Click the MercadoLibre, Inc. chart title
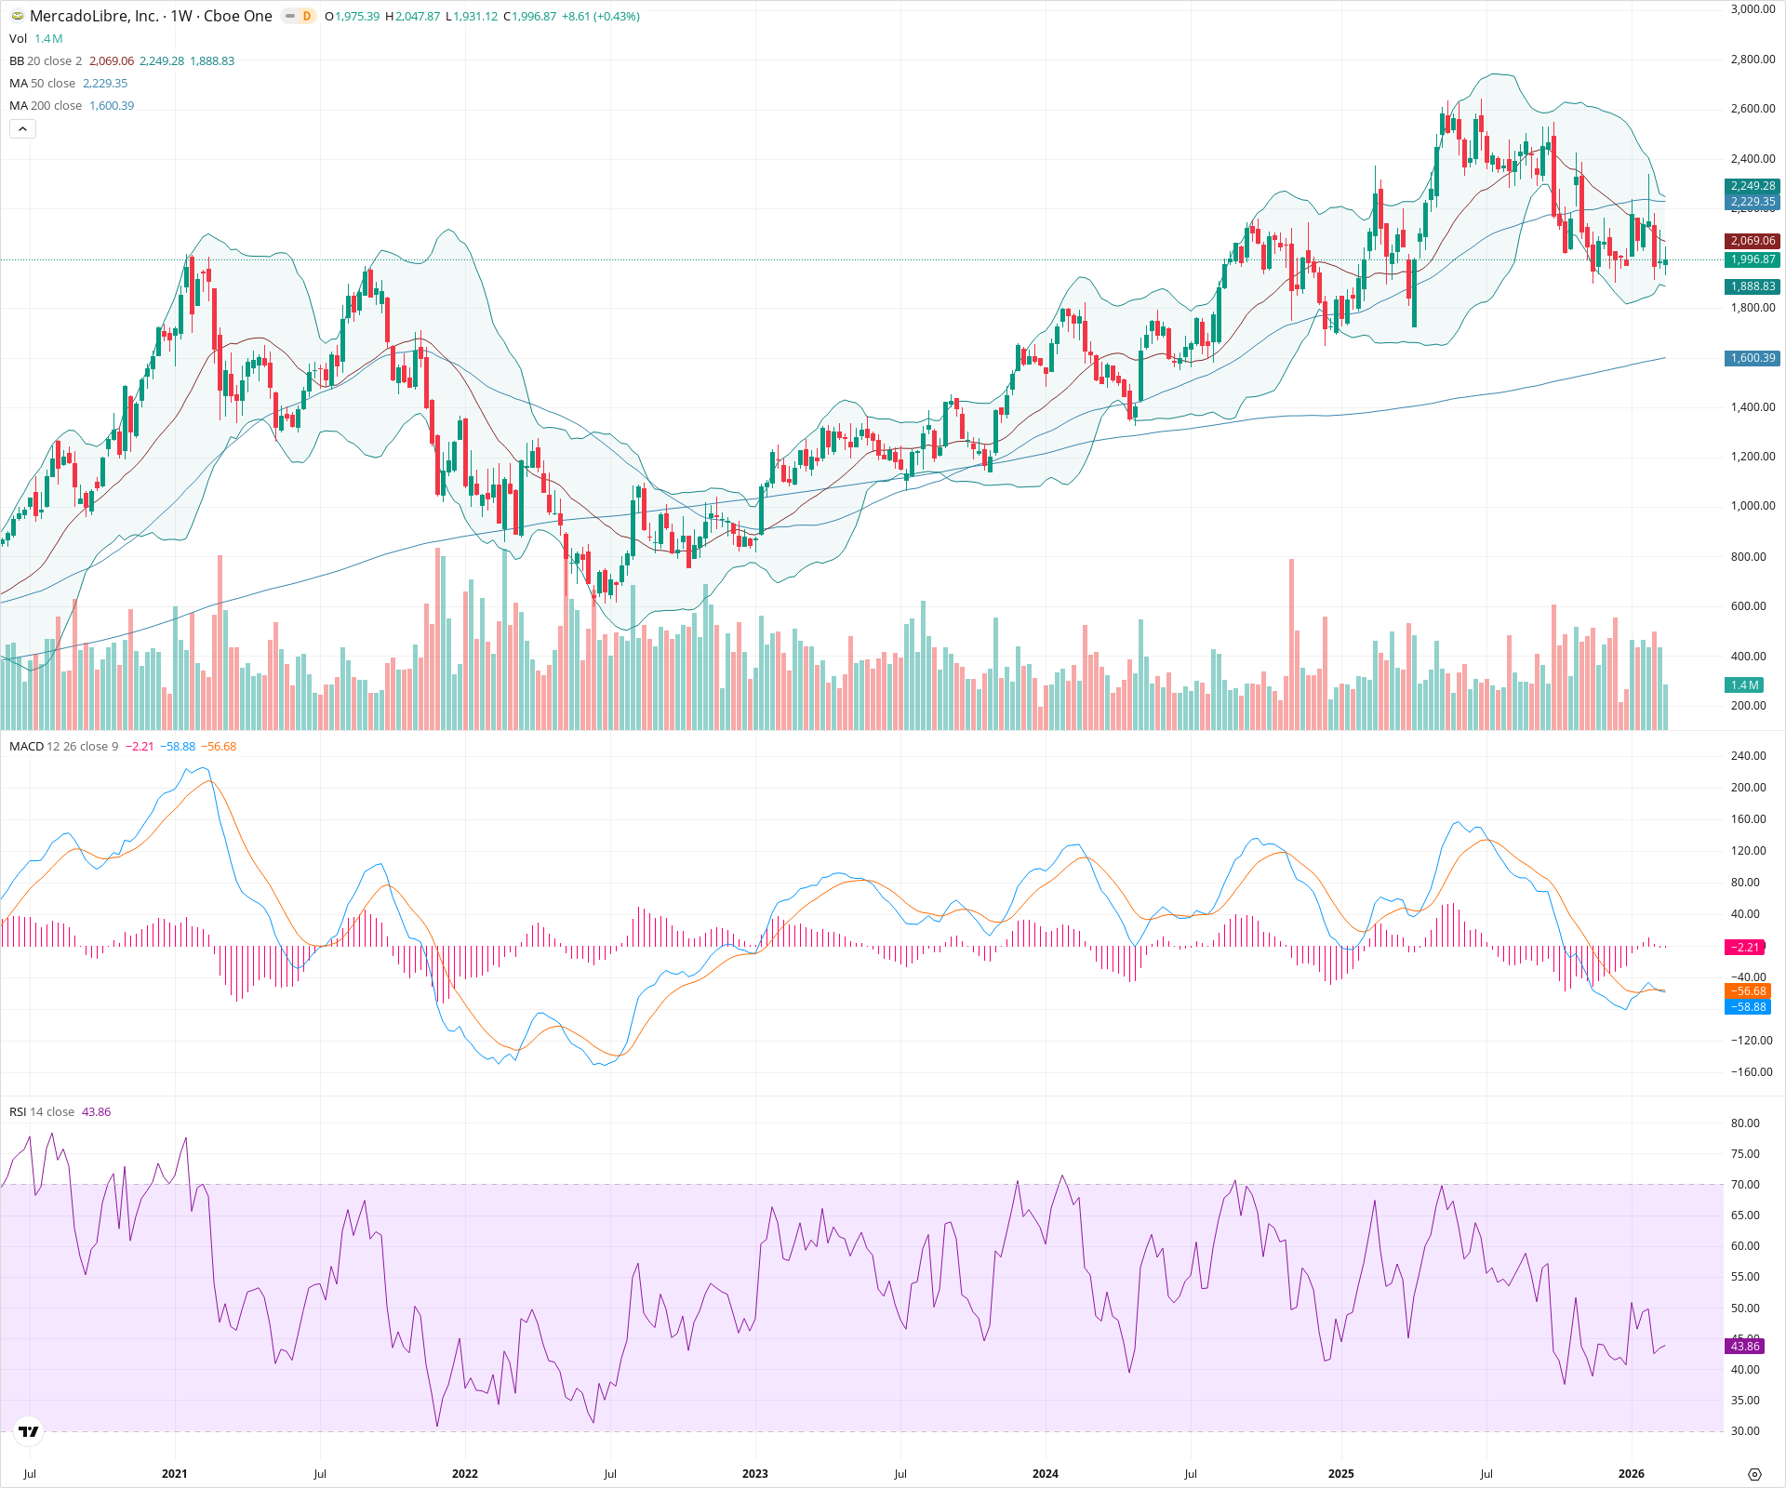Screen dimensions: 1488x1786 coord(93,16)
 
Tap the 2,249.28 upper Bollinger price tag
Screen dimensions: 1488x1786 coord(1753,186)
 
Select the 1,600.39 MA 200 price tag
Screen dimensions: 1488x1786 coord(1753,358)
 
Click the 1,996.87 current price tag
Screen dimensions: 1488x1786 coord(1753,259)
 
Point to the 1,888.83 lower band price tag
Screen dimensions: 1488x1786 coord(1753,286)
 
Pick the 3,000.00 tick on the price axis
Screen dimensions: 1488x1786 coord(1753,9)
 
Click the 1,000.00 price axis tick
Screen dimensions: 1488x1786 coord(1753,506)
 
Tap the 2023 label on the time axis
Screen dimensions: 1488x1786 coord(754,1473)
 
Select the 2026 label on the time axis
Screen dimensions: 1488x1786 coord(1631,1473)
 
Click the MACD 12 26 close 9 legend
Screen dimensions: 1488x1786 coord(64,746)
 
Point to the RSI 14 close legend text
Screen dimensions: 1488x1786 coord(42,1111)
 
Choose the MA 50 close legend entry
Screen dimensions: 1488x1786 coord(43,83)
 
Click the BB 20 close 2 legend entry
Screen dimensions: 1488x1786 coord(46,60)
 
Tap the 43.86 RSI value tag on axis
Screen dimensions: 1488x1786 coord(1745,1346)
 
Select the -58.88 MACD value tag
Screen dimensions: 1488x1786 coord(1747,1006)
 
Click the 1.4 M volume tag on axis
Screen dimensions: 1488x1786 coord(1744,684)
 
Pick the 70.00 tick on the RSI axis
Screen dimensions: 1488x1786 coord(1745,1184)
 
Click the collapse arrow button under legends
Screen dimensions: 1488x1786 coord(22,128)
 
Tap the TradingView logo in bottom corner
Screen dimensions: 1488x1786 coord(29,1431)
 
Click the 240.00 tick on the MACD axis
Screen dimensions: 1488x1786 coord(1748,756)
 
